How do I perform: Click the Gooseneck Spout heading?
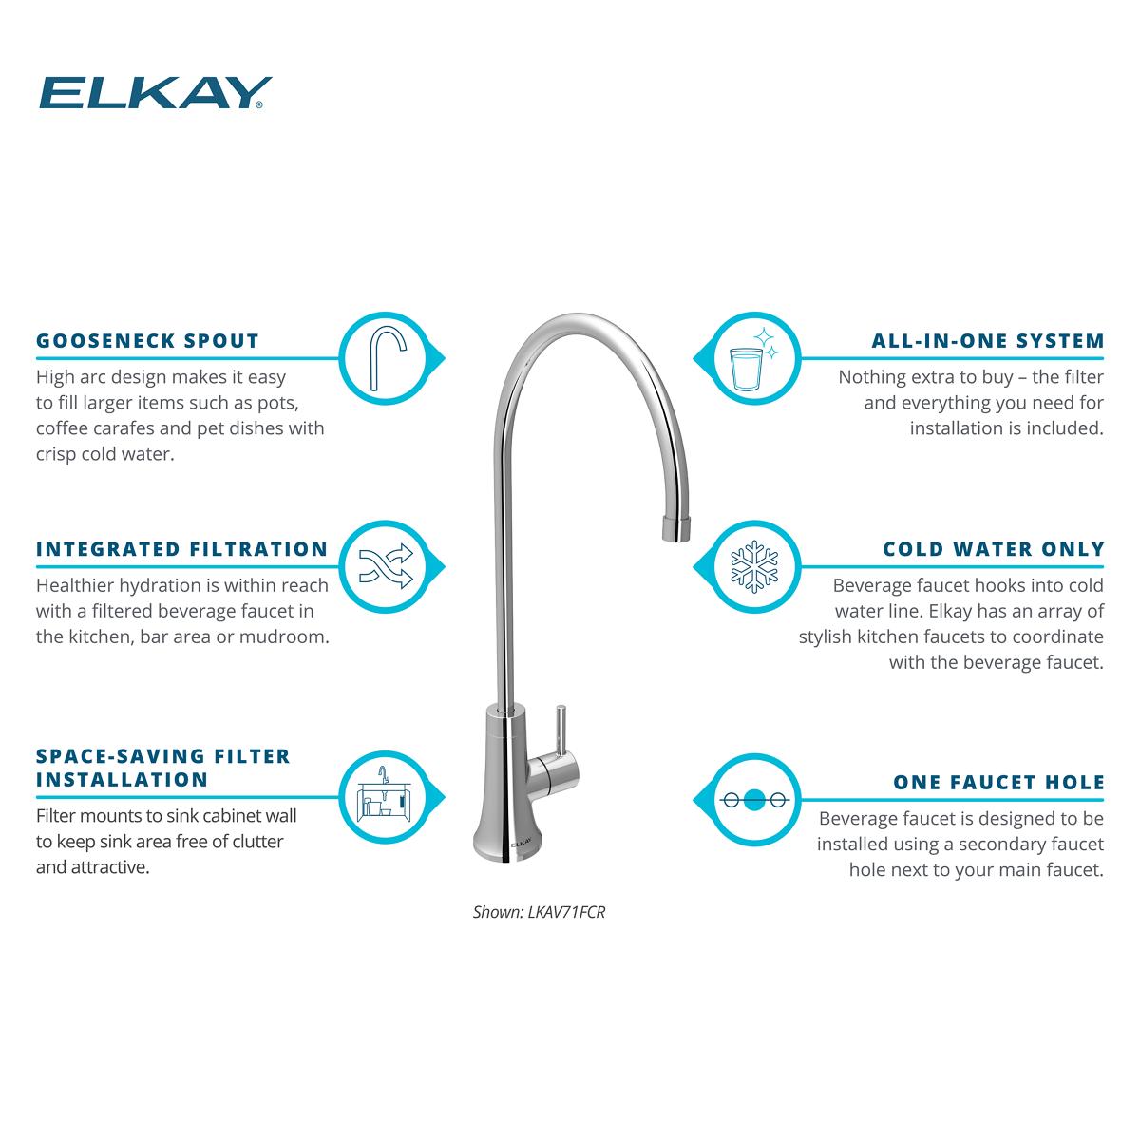147,340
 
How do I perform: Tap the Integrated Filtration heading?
181,549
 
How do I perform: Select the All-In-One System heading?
988,340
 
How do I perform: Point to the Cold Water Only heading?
994,549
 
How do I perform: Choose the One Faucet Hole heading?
998,782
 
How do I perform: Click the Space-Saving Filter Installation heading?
162,768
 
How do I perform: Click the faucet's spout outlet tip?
676,529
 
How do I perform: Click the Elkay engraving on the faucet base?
517,841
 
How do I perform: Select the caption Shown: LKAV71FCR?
539,912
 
